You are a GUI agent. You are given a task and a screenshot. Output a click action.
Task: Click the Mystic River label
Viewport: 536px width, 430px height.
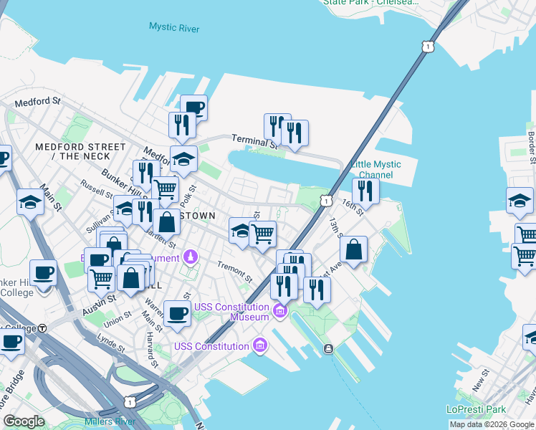pos(174,28)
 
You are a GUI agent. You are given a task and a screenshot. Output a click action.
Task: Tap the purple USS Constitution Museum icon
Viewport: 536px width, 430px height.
pos(279,312)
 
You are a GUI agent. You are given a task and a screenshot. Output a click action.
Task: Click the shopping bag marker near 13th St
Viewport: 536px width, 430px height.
pos(353,250)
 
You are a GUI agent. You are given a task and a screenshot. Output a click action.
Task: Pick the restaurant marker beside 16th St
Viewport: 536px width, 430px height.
pos(365,191)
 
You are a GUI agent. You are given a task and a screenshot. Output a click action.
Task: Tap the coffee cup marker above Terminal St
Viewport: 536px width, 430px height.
pos(193,108)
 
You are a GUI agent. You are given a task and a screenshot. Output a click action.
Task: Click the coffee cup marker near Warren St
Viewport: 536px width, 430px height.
pos(176,312)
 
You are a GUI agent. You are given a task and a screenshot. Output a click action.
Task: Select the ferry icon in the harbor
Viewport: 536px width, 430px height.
pos(328,349)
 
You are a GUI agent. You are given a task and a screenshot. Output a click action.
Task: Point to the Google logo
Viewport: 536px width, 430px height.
pos(24,421)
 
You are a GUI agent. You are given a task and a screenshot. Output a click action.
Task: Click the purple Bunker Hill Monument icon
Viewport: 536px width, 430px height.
pos(191,256)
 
